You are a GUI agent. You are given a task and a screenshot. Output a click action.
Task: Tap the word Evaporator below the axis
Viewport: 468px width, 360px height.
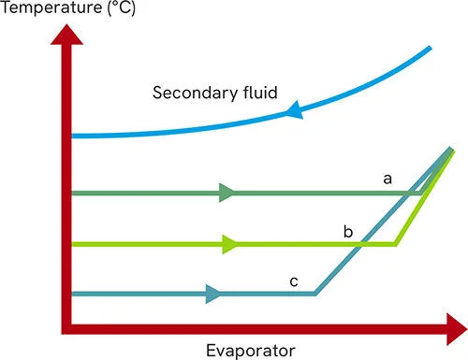pyautogui.click(x=251, y=350)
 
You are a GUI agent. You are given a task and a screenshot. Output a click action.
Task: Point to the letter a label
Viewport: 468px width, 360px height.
pyautogui.click(x=387, y=177)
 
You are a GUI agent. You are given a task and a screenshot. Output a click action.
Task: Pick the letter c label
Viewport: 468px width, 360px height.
pyautogui.click(x=293, y=280)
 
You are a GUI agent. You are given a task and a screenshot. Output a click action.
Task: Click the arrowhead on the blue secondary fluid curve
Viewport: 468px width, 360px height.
pyautogui.click(x=292, y=113)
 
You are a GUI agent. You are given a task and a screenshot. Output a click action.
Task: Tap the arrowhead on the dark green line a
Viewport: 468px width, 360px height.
pyautogui.click(x=227, y=194)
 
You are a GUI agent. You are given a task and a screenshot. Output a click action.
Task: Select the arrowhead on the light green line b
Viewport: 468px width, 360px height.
pyautogui.click(x=230, y=245)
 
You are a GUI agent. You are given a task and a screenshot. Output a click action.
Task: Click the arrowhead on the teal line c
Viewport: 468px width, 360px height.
pyautogui.click(x=214, y=295)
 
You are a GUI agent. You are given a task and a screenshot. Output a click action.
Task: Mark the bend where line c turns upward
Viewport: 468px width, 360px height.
pyautogui.click(x=315, y=294)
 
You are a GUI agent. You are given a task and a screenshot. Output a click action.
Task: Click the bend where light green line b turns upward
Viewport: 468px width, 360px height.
pyautogui.click(x=395, y=244)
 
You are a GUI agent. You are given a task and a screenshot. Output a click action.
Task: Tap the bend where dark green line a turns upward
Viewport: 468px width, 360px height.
pyautogui.click(x=421, y=193)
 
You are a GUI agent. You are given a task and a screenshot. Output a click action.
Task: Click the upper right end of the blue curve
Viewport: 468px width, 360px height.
pyautogui.click(x=431, y=48)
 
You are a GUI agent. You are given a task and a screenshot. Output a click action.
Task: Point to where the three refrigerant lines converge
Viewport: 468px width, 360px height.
pyautogui.click(x=451, y=150)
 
